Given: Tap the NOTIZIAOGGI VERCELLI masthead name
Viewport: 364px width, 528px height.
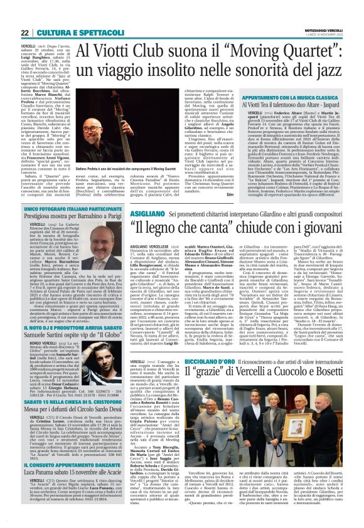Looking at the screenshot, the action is click(326, 12).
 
